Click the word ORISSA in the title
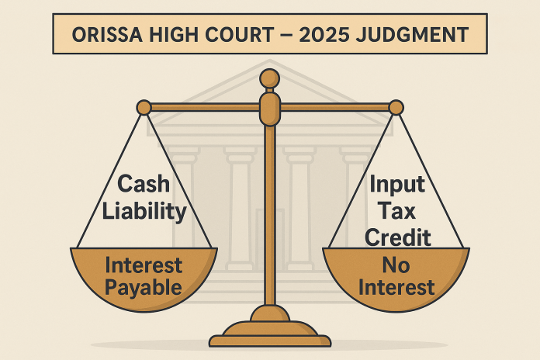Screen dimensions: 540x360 pos(107,35)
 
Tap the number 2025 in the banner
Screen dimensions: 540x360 pos(324,35)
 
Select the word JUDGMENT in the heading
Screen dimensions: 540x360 pos(412,35)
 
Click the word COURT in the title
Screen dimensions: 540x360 pos(239,35)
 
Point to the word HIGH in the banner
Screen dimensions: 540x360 pos(174,35)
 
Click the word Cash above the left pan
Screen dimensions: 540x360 pos(144,184)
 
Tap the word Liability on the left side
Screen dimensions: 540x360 pos(144,211)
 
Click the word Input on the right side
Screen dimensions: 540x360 pos(397,185)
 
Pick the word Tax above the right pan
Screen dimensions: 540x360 pos(396,210)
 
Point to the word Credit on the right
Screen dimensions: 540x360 pos(398,237)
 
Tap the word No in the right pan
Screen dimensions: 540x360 pos(396,265)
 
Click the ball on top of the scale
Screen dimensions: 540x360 pos(270,78)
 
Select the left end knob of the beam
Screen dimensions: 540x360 pos(144,108)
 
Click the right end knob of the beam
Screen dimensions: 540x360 pos(396,108)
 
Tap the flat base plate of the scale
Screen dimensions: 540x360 pos(270,341)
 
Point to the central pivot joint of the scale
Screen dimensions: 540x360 pos(270,108)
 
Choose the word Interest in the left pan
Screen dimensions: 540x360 pos(144,265)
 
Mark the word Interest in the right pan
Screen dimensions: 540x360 pos(396,287)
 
